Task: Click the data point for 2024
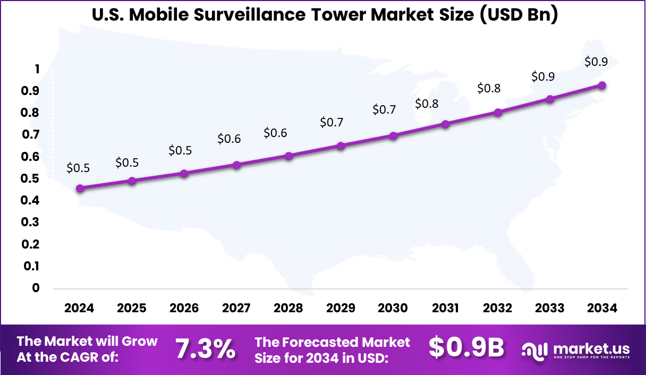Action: pyautogui.click(x=80, y=189)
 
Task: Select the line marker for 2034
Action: pyautogui.click(x=602, y=86)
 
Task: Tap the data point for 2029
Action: pyautogui.click(x=341, y=146)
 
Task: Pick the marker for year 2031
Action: pyautogui.click(x=445, y=124)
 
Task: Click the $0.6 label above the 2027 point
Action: pyautogui.click(x=229, y=139)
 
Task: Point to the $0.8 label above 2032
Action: pyautogui.click(x=489, y=89)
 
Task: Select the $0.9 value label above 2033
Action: pyautogui.click(x=543, y=76)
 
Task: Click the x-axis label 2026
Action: pyautogui.click(x=184, y=309)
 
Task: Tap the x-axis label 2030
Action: pyautogui.click(x=393, y=309)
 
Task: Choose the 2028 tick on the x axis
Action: pyautogui.click(x=288, y=309)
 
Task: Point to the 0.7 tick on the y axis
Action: pyautogui.click(x=30, y=135)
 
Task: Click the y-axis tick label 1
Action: pyautogui.click(x=37, y=69)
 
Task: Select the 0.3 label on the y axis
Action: pyautogui.click(x=30, y=223)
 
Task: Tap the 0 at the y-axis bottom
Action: pyautogui.click(x=36, y=288)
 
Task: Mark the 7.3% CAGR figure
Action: pyautogui.click(x=205, y=349)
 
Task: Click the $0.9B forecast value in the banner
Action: pyautogui.click(x=466, y=348)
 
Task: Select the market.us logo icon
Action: pyautogui.click(x=534, y=350)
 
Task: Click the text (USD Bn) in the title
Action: pyautogui.click(x=517, y=15)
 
